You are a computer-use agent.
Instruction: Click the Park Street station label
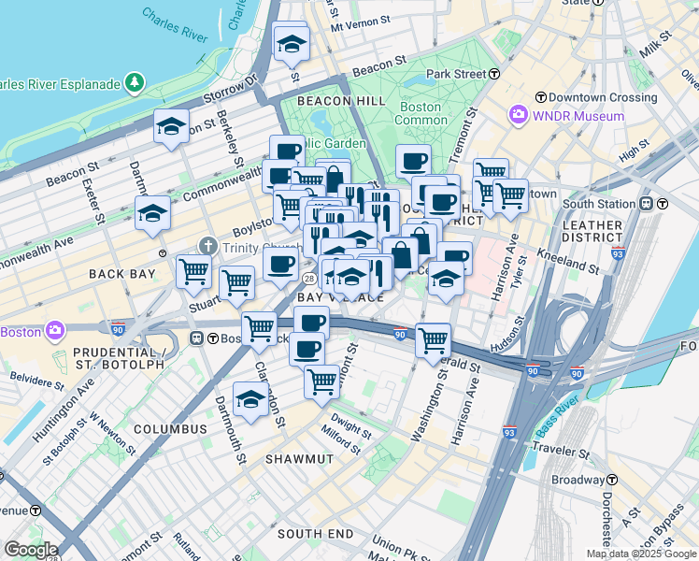tap(456, 74)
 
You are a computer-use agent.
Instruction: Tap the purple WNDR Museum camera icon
tap(518, 116)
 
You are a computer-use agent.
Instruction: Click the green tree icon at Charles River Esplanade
tap(136, 84)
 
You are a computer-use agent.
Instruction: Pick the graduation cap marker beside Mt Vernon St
tap(292, 43)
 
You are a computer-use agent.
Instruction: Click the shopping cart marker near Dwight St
tap(321, 381)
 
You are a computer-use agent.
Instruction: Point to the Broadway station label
tap(578, 480)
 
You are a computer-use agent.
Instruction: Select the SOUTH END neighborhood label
tap(315, 533)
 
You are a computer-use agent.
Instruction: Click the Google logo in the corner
tap(30, 550)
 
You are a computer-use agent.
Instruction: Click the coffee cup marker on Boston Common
tap(413, 161)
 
